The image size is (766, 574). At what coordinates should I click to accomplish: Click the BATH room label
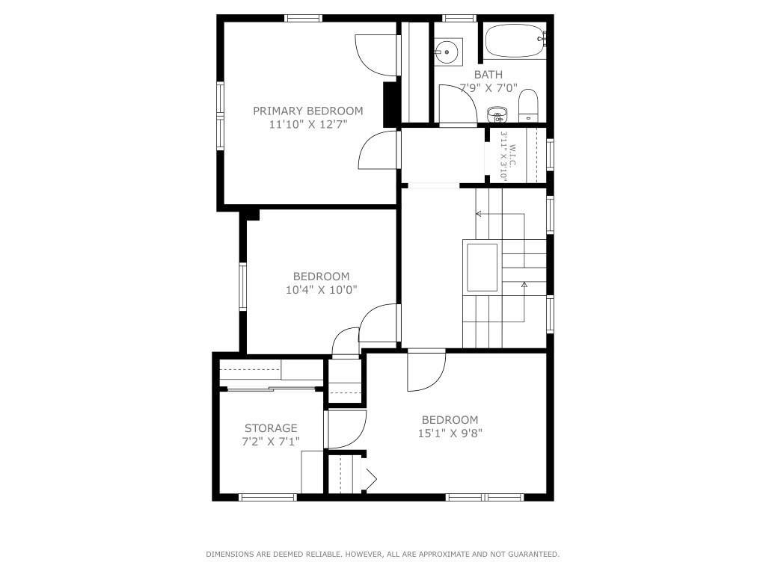[488, 75]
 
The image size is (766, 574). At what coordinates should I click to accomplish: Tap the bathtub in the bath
[515, 41]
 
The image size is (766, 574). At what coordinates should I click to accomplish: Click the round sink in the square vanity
[446, 52]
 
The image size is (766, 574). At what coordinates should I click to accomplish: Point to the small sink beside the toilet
[496, 114]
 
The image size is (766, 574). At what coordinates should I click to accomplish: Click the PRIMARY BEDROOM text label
[307, 111]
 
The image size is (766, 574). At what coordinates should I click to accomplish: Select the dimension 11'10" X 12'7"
[307, 125]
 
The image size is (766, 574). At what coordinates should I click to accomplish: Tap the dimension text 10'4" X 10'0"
[322, 290]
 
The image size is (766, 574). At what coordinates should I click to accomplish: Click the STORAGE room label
[271, 428]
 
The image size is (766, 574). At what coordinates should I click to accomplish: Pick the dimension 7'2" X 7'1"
[271, 442]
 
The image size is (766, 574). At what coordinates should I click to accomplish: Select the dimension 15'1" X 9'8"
[450, 433]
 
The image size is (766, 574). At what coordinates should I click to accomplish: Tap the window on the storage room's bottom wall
[268, 497]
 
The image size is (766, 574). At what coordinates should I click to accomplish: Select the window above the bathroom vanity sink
[459, 19]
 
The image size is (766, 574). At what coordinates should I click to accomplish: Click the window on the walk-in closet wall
[550, 155]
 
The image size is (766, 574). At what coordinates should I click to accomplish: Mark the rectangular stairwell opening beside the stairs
[482, 268]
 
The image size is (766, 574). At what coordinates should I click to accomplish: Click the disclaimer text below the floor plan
[382, 554]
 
